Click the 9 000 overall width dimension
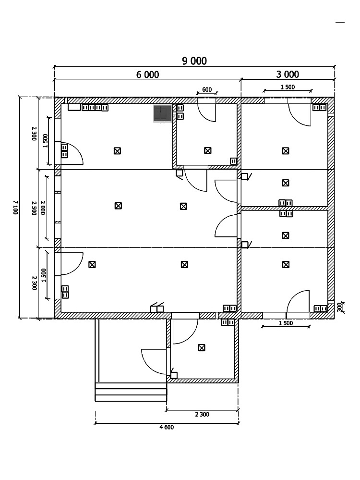[194, 61]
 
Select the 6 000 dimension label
[147, 74]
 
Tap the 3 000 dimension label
[288, 74]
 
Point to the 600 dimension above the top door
[207, 89]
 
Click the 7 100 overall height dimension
[15, 208]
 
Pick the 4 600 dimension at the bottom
[167, 427]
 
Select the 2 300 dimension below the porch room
[202, 415]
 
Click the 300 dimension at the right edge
[339, 307]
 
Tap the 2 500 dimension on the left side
[34, 208]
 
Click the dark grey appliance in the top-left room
[162, 114]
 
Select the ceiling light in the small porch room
[201, 348]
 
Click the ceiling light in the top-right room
[286, 151]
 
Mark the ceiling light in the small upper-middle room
[208, 150]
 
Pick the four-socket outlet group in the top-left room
[95, 108]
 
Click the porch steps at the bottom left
[131, 392]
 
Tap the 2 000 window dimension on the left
[43, 208]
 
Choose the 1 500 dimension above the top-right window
[288, 87]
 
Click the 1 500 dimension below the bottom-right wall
[286, 323]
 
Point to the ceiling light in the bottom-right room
[286, 264]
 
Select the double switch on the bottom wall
[157, 308]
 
